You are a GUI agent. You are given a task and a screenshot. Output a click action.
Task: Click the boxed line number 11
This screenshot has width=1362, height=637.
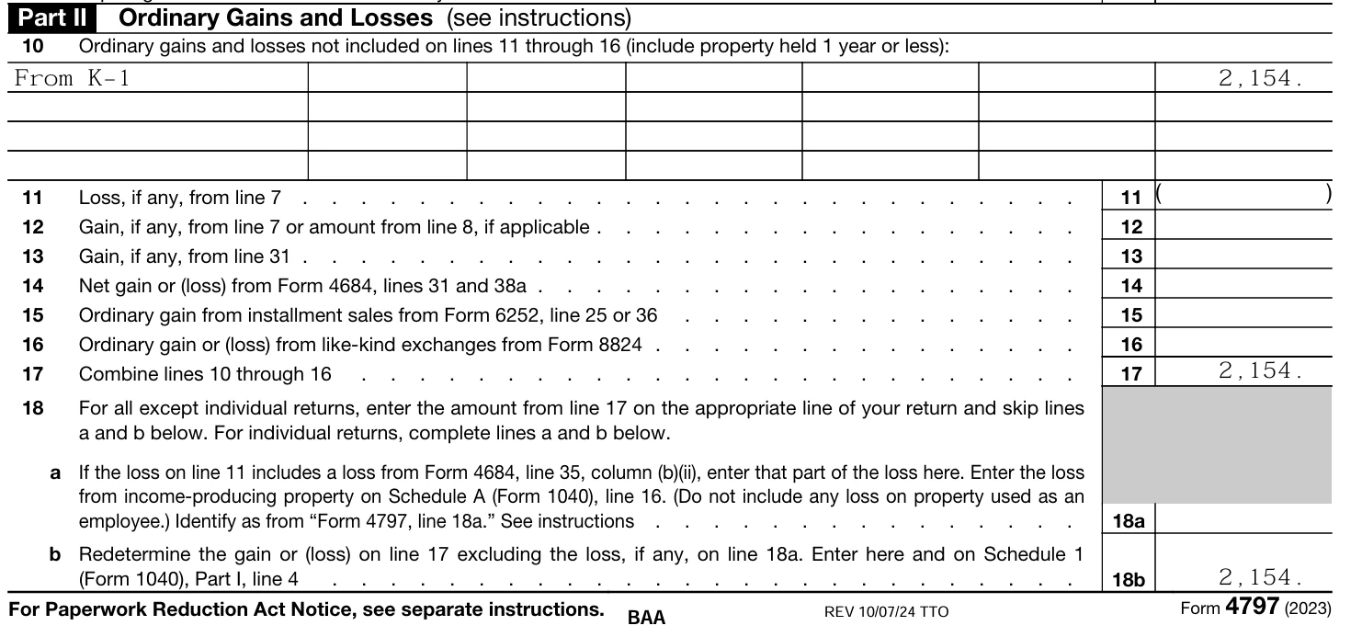click(1131, 197)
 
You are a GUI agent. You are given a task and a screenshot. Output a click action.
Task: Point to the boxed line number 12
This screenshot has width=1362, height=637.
click(1131, 226)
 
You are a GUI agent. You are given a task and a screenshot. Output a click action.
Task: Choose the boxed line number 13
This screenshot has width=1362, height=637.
click(1131, 256)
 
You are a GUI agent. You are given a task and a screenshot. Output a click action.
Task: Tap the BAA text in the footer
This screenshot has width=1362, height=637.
click(646, 617)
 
